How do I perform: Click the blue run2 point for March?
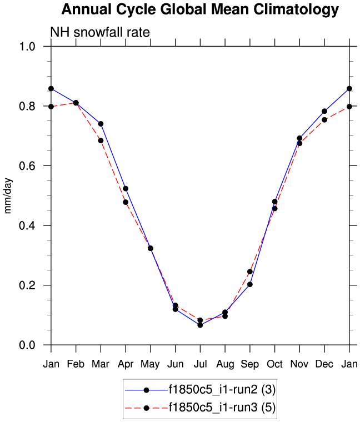(x=101, y=124)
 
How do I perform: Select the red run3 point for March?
(x=101, y=140)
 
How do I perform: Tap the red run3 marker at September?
(x=250, y=272)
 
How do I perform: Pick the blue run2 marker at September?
(x=250, y=284)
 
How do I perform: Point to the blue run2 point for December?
(x=324, y=111)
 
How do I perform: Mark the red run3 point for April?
(x=126, y=202)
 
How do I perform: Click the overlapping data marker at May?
(x=151, y=248)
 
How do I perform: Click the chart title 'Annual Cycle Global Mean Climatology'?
(x=199, y=9)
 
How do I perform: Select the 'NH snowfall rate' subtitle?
(x=100, y=32)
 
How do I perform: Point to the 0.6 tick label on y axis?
(x=35, y=166)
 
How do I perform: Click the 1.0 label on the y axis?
(x=35, y=47)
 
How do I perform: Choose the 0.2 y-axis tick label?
(x=35, y=285)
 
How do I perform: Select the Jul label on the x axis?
(x=200, y=363)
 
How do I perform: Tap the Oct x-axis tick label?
(x=274, y=363)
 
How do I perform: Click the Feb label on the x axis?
(x=76, y=363)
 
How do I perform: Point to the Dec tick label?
(x=324, y=363)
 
